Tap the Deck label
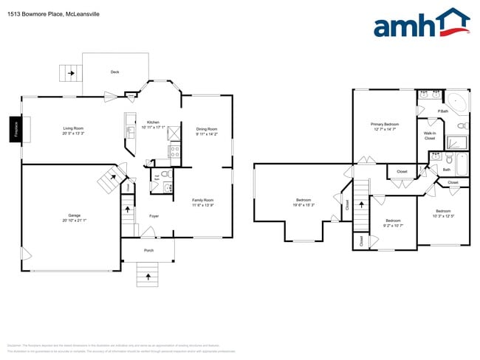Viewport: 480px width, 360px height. click(114, 72)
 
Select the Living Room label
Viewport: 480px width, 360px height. click(73, 128)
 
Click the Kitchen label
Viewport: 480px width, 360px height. click(153, 122)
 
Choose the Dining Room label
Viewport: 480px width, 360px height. click(207, 128)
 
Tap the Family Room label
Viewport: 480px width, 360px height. click(202, 200)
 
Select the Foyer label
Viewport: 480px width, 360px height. click(154, 216)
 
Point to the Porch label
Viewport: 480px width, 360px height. click(148, 250)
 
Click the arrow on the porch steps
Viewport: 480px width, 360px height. click(148, 277)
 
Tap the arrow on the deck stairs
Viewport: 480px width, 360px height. click(71, 73)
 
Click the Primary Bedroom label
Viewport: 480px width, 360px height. click(385, 125)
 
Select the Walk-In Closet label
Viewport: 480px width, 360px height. click(429, 136)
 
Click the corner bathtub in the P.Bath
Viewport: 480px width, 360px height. click(457, 102)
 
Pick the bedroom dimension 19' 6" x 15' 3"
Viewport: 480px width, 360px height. click(304, 205)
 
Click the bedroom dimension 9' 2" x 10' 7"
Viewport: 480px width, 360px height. click(392, 224)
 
